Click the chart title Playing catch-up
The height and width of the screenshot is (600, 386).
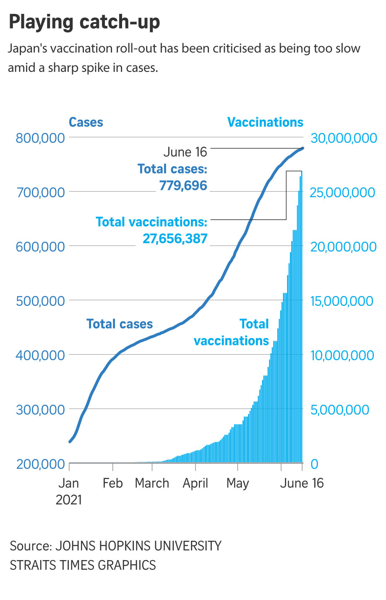click(x=84, y=22)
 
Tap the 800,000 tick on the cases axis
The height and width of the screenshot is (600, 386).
click(x=40, y=138)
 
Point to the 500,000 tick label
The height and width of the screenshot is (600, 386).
click(x=40, y=301)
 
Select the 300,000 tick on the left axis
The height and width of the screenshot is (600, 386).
click(x=40, y=409)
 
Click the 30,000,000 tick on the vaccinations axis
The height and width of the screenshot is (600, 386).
click(x=343, y=138)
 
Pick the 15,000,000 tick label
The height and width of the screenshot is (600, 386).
click(x=342, y=301)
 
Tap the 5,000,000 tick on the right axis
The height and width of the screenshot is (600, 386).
click(x=339, y=409)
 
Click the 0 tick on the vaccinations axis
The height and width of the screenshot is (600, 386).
click(x=314, y=464)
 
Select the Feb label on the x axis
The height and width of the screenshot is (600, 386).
click(x=112, y=483)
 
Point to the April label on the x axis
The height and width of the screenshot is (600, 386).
click(x=196, y=483)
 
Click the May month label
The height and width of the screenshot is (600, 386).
click(x=237, y=484)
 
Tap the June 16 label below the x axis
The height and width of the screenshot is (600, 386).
click(x=302, y=483)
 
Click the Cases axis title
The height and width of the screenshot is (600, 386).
click(x=86, y=122)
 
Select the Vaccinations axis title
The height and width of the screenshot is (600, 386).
click(x=265, y=122)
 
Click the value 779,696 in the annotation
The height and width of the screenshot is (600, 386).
click(x=183, y=185)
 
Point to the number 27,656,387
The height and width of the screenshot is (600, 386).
click(x=175, y=239)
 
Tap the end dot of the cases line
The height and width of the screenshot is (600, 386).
click(x=303, y=148)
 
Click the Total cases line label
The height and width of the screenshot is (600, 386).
click(x=120, y=324)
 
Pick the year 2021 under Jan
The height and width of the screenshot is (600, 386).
click(x=69, y=500)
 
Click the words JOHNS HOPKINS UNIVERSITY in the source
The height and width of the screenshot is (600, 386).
click(x=138, y=546)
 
